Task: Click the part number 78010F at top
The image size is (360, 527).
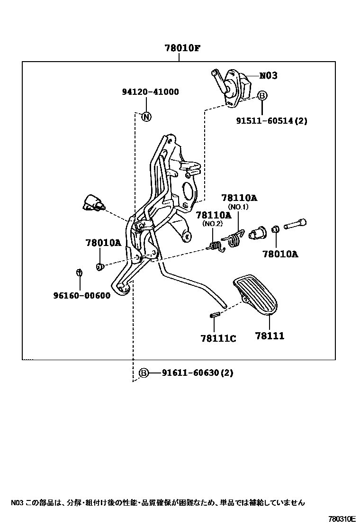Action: click(x=179, y=48)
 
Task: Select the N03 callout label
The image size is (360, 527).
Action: click(x=268, y=75)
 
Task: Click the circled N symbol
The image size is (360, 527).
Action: click(x=146, y=117)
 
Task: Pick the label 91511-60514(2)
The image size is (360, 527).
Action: click(x=272, y=121)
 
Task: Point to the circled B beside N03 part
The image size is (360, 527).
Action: click(x=262, y=96)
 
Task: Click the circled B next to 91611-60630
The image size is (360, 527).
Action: click(x=144, y=373)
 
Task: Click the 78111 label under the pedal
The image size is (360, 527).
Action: click(x=270, y=336)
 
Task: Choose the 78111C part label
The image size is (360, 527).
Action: click(x=218, y=338)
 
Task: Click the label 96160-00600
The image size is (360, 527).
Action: click(x=82, y=296)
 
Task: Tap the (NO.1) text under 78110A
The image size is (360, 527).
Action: click(x=238, y=207)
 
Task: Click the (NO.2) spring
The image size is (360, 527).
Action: click(x=216, y=245)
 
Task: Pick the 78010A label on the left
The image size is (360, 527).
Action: click(x=103, y=243)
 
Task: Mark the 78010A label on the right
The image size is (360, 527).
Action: click(x=280, y=254)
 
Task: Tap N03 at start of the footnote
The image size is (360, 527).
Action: click(x=17, y=502)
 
